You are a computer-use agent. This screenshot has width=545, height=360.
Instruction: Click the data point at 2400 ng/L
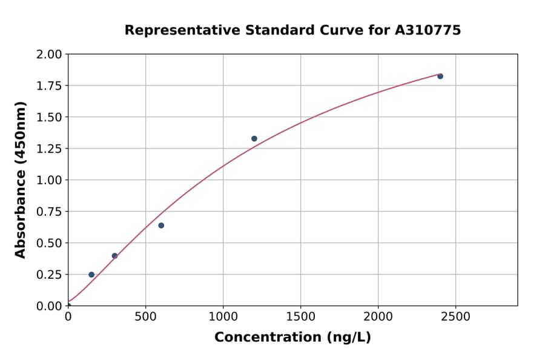point(440,76)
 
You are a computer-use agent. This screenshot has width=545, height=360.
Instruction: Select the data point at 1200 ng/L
point(254,139)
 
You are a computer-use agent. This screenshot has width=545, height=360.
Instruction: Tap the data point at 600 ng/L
point(161,225)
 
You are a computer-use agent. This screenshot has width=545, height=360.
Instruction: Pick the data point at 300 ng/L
point(114,256)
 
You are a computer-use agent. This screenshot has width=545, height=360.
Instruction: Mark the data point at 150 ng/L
point(91,275)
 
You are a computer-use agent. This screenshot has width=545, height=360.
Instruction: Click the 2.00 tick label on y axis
point(50,55)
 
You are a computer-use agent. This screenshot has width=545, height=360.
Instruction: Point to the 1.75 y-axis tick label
point(50,86)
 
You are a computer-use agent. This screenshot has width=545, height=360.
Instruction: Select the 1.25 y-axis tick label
point(50,149)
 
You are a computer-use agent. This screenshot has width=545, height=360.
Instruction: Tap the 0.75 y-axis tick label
point(50,212)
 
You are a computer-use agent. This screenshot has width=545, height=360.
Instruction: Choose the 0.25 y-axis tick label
point(50,275)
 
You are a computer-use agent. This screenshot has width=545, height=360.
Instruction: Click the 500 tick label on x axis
point(145,316)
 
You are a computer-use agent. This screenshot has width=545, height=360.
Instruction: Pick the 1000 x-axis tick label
point(223,316)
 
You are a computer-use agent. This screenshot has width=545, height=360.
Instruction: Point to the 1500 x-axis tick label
point(301,316)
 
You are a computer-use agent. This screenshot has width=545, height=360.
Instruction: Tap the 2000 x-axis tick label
point(378,316)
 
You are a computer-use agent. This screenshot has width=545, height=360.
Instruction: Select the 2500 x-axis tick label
point(456,316)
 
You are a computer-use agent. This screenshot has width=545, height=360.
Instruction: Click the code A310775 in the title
point(428,30)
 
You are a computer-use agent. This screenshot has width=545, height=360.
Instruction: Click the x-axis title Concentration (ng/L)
point(292,338)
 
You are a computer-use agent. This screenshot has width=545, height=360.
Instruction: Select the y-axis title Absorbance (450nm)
point(21,180)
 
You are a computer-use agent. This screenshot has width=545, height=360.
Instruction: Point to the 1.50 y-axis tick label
point(50,118)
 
